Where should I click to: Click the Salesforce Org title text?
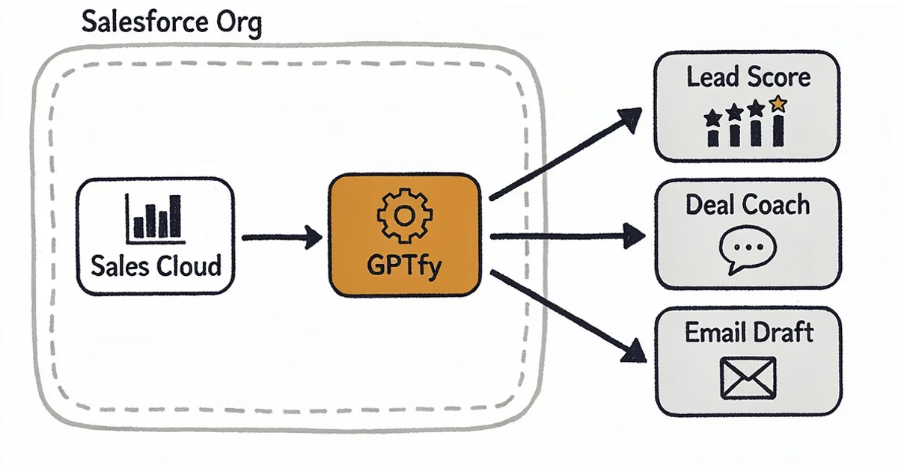(171, 23)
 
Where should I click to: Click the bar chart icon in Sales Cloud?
(155, 218)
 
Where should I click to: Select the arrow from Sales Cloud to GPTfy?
(281, 238)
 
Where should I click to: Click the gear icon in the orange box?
(404, 215)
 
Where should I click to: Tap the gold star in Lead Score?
(778, 105)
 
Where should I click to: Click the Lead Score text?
(748, 77)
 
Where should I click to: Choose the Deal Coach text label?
(748, 205)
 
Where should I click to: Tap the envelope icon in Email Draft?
(748, 378)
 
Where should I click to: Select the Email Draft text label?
(748, 332)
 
